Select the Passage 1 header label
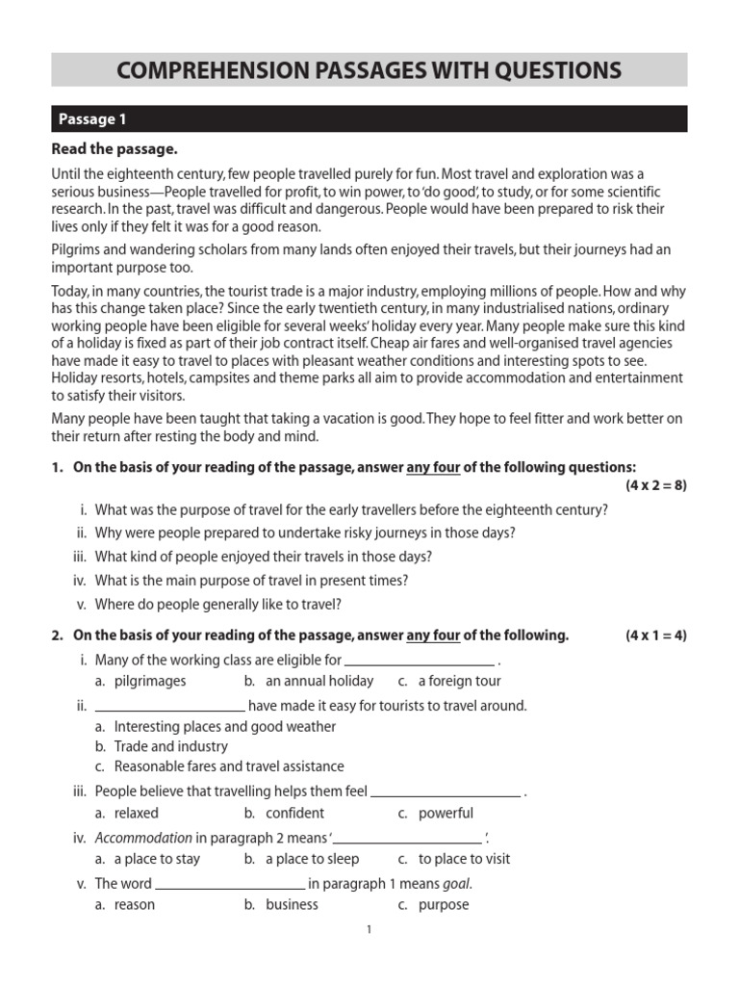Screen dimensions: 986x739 coord(92,119)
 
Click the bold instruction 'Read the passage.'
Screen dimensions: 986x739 coord(115,149)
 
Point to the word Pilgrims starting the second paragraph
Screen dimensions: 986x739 coord(77,249)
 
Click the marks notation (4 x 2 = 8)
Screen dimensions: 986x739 coord(655,484)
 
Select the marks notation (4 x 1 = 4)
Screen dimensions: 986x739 coord(655,635)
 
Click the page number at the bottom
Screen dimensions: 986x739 coord(369,930)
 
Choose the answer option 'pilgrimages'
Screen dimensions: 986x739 coord(150,681)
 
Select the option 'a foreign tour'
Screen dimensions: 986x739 coord(459,681)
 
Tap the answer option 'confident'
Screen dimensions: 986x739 coord(294,813)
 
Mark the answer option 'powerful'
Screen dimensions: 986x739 coord(446,813)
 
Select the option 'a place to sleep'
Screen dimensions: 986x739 coord(312,859)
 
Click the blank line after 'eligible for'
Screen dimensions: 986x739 coord(420,661)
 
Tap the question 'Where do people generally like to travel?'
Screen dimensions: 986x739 coord(218,605)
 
